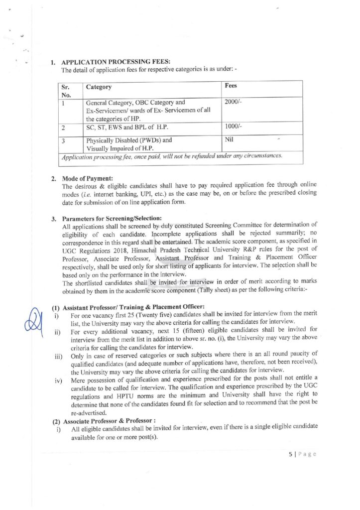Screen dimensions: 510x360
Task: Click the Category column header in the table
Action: coord(99,87)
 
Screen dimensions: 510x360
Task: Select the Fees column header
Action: coord(231,86)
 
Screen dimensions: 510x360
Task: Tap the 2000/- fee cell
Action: coord(233,102)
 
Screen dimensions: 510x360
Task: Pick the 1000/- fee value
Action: coord(233,127)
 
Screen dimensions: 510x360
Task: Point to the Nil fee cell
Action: coord(229,139)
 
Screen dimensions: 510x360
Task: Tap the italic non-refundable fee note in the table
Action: coord(172,156)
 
